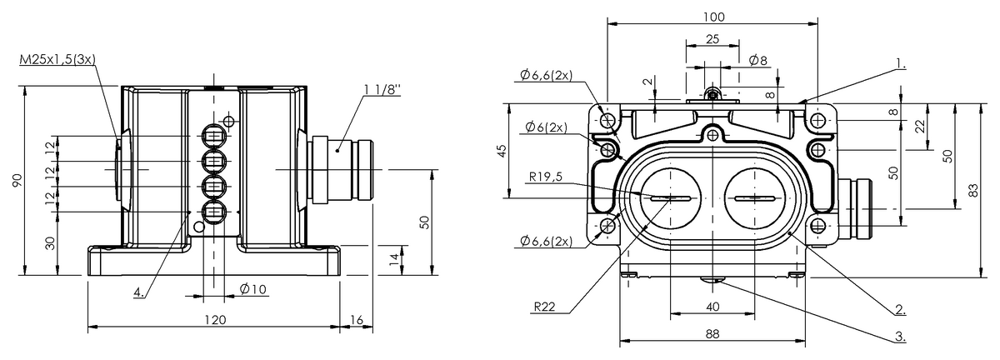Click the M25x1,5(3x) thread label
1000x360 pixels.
57,59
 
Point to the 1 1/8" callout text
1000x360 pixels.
382,90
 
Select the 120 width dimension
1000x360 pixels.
215,320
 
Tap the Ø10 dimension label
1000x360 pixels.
253,289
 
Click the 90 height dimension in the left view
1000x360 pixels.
17,181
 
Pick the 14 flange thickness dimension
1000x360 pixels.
393,260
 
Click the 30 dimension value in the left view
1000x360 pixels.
51,243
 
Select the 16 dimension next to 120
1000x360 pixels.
357,320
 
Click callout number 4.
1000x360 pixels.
139,292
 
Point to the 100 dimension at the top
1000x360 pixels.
714,17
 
